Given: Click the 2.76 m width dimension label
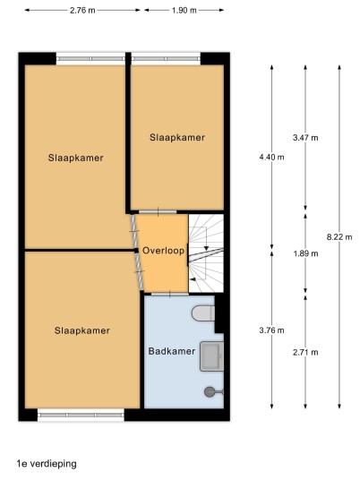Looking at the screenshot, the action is [x=82, y=11].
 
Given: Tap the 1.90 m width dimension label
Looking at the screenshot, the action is [x=184, y=11].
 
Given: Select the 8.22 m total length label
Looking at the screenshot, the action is [x=339, y=236].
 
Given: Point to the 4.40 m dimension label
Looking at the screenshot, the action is [x=271, y=157].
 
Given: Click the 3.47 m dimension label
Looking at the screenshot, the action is [x=305, y=138].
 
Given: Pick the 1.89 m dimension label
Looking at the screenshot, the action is [x=305, y=253].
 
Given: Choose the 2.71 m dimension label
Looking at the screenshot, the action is [x=305, y=352].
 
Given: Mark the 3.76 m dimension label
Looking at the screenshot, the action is [x=271, y=330].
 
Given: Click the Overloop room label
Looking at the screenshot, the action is [x=164, y=251].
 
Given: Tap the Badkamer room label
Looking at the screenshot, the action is [x=172, y=351].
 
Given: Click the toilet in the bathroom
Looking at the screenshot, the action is [x=203, y=313].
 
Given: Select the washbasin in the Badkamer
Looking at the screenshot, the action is [x=212, y=356].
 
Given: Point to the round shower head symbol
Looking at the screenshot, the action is [x=210, y=392].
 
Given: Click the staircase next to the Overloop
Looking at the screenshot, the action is [x=206, y=253].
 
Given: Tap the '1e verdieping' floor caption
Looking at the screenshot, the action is [x=47, y=464].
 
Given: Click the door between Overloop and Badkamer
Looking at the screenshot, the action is [x=170, y=295].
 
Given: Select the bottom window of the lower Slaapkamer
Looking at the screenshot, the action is [x=81, y=416].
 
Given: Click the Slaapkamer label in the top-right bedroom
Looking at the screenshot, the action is [x=177, y=137].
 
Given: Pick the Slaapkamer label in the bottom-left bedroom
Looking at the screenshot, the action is [x=82, y=330].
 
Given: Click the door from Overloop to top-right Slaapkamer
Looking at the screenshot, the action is [x=158, y=212].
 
